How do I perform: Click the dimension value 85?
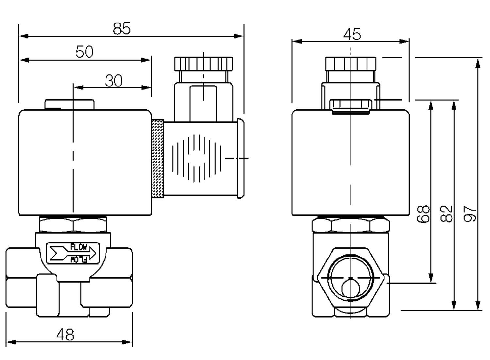(x=122, y=28)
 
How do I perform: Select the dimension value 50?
(x=84, y=52)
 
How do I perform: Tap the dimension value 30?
(x=113, y=81)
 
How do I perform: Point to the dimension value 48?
(x=65, y=335)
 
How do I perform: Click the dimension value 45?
(x=352, y=34)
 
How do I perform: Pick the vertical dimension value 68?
(x=423, y=214)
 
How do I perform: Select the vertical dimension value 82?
(x=447, y=214)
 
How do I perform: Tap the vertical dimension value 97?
(x=470, y=214)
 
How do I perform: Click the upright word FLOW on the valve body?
(x=79, y=247)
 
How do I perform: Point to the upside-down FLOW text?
(x=79, y=259)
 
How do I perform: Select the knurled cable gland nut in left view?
(x=204, y=64)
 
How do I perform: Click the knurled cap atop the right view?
(x=351, y=64)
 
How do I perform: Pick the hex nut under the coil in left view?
(x=73, y=224)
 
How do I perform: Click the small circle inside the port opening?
(x=350, y=289)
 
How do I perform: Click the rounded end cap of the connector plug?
(x=240, y=158)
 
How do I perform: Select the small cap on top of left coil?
(x=70, y=104)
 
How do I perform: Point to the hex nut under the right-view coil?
(x=351, y=225)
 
